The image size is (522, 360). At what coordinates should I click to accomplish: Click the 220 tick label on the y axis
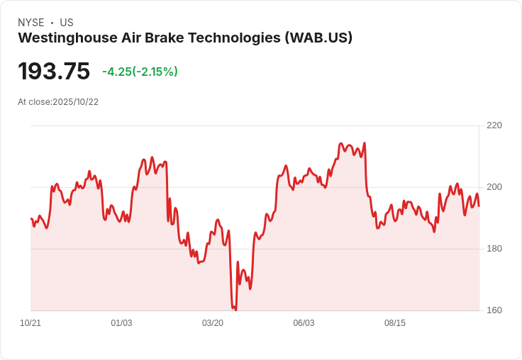(494, 125)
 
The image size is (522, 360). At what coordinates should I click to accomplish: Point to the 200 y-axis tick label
(494, 187)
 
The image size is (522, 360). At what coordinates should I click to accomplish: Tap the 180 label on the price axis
(494, 249)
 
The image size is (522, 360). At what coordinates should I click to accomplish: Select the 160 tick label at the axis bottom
(494, 310)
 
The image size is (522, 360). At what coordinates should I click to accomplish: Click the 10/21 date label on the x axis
(30, 323)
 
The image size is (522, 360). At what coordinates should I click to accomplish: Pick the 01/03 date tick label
(121, 323)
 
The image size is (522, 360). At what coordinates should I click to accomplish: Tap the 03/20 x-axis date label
(213, 323)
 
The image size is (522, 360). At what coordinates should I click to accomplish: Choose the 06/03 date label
(304, 323)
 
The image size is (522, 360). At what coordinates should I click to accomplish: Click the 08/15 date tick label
(395, 323)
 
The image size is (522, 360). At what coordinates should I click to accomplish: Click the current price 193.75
(54, 72)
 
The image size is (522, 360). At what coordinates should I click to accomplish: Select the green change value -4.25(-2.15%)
(140, 72)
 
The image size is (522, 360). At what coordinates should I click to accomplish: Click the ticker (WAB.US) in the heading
(318, 38)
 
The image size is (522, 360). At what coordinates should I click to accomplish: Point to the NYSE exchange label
(30, 23)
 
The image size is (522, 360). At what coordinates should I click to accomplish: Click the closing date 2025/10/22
(75, 102)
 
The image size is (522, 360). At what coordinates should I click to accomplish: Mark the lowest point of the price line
(235, 310)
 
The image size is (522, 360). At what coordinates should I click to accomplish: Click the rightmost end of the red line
(479, 206)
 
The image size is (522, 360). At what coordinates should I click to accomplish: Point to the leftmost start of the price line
(31, 218)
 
